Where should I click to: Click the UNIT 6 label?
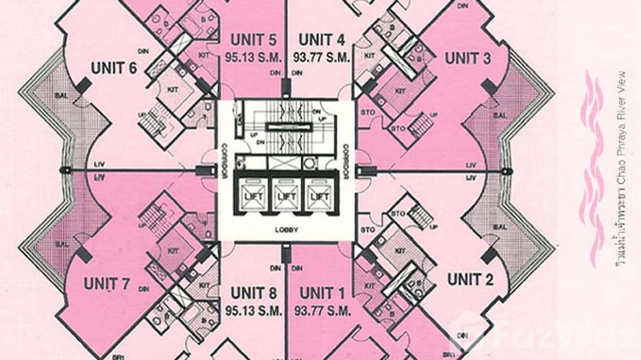pos(114,68)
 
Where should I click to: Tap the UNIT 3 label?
pos(468,59)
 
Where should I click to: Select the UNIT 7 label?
pos(107,284)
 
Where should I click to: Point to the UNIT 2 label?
pos(470,279)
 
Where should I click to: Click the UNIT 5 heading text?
pos(253,40)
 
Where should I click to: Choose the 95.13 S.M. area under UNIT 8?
pos(253,311)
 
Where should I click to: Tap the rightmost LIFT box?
pos(319,196)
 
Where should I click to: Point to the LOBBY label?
pos(287,230)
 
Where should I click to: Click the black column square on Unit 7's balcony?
pos(84,254)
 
